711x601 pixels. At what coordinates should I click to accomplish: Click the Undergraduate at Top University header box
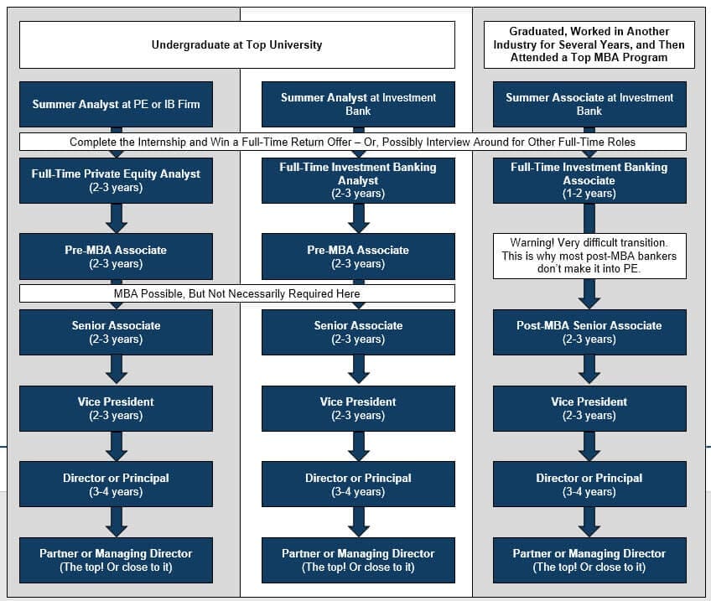pyautogui.click(x=236, y=44)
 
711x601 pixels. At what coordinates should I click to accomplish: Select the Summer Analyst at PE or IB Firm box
pyautogui.click(x=116, y=105)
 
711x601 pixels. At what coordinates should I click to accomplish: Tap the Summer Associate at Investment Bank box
pyautogui.click(x=589, y=105)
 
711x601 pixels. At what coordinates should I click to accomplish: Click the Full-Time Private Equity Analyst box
pyautogui.click(x=116, y=180)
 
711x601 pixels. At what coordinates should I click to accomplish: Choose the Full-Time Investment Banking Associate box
pyautogui.click(x=589, y=180)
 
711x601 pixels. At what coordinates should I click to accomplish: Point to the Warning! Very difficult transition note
pyautogui.click(x=589, y=256)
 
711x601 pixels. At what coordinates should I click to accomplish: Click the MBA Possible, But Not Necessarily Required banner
pyautogui.click(x=236, y=293)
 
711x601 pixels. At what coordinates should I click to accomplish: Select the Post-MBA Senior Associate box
pyautogui.click(x=589, y=332)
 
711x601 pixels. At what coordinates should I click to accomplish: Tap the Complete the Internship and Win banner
pyautogui.click(x=352, y=142)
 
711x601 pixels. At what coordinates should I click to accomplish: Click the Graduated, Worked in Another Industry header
pyautogui.click(x=589, y=44)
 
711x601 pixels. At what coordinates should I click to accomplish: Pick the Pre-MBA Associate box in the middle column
pyautogui.click(x=358, y=256)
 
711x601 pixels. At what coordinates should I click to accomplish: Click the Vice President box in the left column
pyautogui.click(x=116, y=408)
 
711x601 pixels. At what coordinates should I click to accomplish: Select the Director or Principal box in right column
pyautogui.click(x=589, y=484)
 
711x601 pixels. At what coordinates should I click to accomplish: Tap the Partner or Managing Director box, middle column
pyautogui.click(x=358, y=560)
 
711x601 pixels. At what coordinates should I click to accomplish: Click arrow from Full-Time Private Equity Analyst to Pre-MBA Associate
pyautogui.click(x=117, y=218)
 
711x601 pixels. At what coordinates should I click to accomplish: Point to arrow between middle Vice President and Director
pyautogui.click(x=359, y=446)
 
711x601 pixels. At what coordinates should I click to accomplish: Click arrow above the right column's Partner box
pyautogui.click(x=589, y=522)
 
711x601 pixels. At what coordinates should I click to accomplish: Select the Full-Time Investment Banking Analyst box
pyautogui.click(x=358, y=180)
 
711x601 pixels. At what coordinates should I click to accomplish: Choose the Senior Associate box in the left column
pyautogui.click(x=116, y=332)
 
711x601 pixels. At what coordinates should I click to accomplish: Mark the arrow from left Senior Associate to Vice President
pyautogui.click(x=117, y=370)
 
